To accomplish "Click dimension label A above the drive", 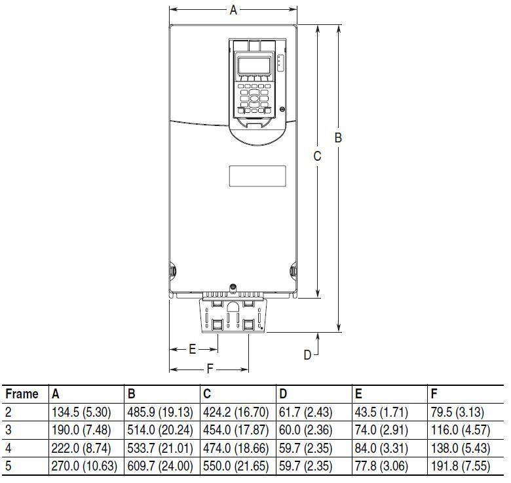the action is click(233, 10).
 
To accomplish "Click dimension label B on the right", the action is click(338, 138).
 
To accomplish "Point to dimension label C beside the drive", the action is click(317, 156).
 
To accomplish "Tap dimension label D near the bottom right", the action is click(307, 355).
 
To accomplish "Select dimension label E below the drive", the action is click(192, 349).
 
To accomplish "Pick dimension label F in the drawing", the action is click(210, 369).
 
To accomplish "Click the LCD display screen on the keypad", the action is click(254, 65).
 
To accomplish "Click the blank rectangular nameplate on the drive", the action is click(257, 177).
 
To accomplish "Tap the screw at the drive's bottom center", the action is click(233, 287).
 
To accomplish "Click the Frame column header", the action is click(22, 394).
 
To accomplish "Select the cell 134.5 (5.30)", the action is click(81, 412).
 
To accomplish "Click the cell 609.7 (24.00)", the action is click(160, 466).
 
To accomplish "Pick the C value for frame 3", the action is click(236, 430).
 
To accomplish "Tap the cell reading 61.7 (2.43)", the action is click(306, 412).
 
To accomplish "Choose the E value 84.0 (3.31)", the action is click(381, 448).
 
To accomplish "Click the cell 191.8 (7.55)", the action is click(461, 466).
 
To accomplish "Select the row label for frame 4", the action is click(8, 448).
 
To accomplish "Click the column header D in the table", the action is click(283, 394).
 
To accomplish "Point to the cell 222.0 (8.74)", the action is click(81, 448).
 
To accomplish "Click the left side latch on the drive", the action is click(172, 271).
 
